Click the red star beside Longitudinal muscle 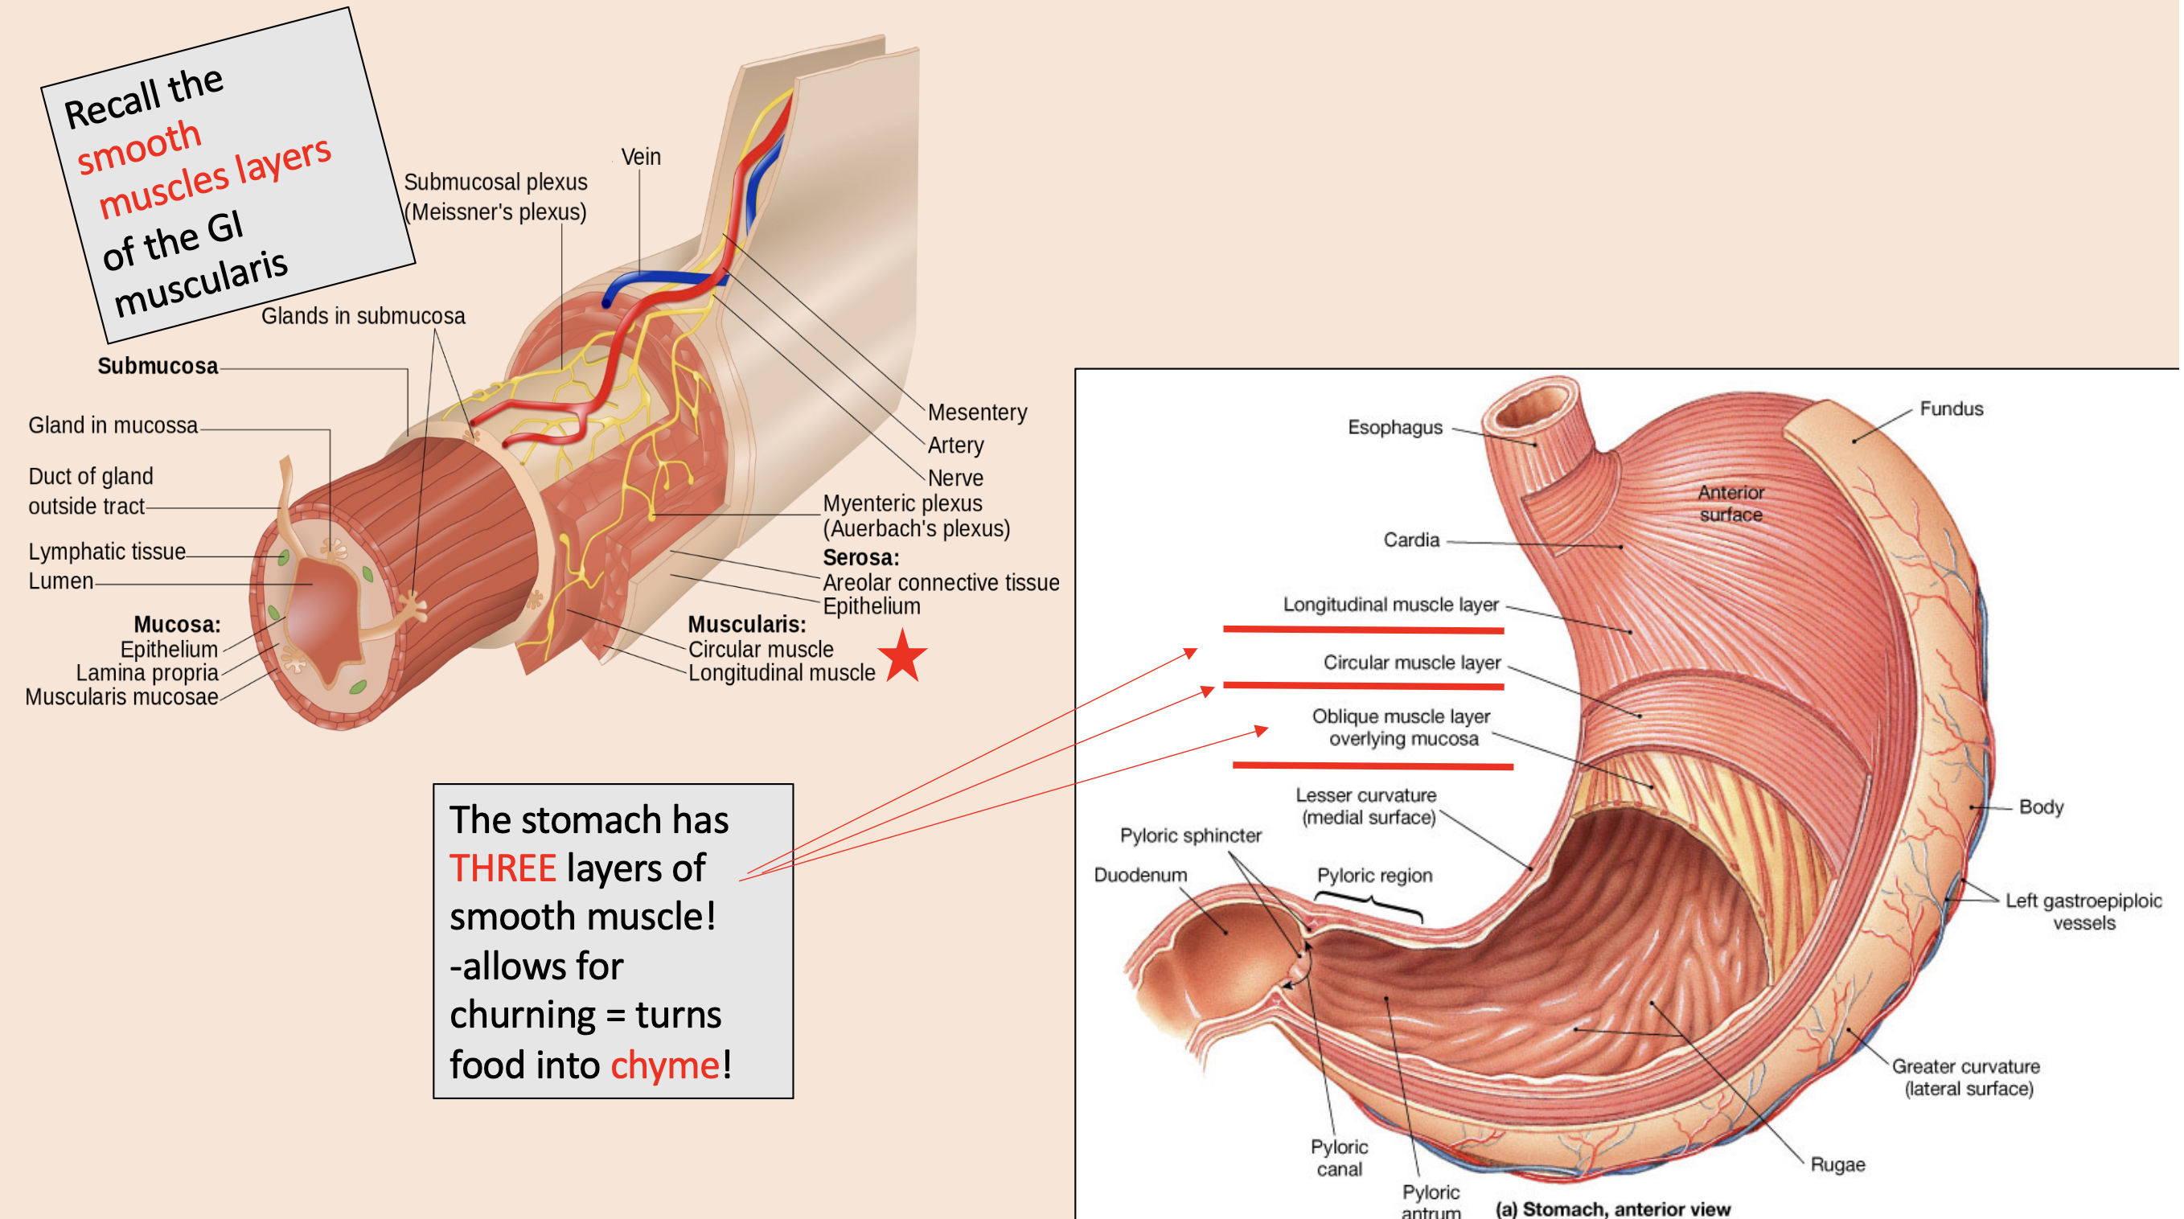pyautogui.click(x=902, y=657)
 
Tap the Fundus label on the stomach pyautogui.click(x=1950, y=408)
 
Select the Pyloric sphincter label pyautogui.click(x=1189, y=835)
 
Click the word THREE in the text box pyautogui.click(x=502, y=868)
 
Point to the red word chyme pyautogui.click(x=664, y=1065)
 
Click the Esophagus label pyautogui.click(x=1394, y=427)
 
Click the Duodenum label pyautogui.click(x=1139, y=875)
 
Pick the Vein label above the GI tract pyautogui.click(x=640, y=157)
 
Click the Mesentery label pyautogui.click(x=977, y=412)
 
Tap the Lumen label pyautogui.click(x=60, y=581)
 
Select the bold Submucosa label pyautogui.click(x=158, y=366)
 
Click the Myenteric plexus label pyautogui.click(x=902, y=503)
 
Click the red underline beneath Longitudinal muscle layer pyautogui.click(x=1362, y=630)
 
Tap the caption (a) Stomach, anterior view pyautogui.click(x=1611, y=1208)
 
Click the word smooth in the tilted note pyautogui.click(x=139, y=146)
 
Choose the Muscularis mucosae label pyautogui.click(x=121, y=697)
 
